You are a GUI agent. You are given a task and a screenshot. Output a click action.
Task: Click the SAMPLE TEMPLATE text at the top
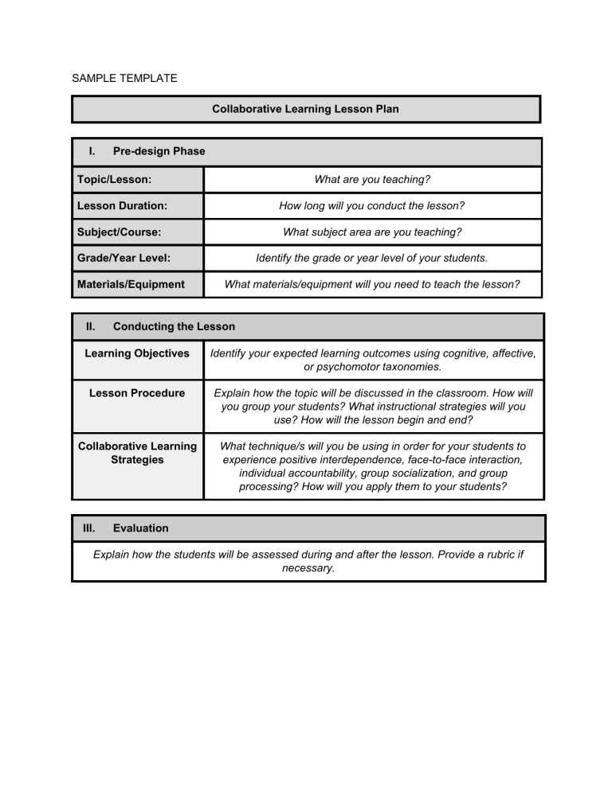click(x=124, y=78)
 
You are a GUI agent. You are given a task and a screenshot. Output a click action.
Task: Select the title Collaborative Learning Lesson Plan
click(x=305, y=109)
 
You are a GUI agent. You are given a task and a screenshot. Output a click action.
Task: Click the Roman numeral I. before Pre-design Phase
click(x=92, y=151)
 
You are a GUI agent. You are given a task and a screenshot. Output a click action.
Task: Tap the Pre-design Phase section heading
click(x=159, y=151)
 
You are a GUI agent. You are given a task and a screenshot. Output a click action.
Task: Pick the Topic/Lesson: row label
click(x=114, y=180)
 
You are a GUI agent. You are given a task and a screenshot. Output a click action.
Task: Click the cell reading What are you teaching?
click(x=372, y=180)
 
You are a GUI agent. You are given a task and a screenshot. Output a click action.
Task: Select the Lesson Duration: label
click(x=122, y=205)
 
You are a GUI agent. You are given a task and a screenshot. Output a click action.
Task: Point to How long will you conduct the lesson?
click(x=372, y=205)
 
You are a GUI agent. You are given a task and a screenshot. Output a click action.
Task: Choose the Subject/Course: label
click(x=119, y=232)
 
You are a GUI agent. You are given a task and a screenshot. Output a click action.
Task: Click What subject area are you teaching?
click(x=372, y=232)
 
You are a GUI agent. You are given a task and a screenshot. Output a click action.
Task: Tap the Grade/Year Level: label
click(x=124, y=259)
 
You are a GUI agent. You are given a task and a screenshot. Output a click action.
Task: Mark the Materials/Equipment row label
click(x=131, y=284)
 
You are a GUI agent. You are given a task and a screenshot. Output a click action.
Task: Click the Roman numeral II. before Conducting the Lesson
click(x=91, y=326)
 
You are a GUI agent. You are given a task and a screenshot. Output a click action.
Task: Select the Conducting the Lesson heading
click(x=174, y=326)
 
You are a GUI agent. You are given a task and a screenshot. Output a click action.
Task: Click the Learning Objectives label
click(x=137, y=353)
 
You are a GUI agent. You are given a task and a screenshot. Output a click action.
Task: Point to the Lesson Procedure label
click(x=137, y=392)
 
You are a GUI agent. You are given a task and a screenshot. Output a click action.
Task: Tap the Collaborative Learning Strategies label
click(x=137, y=453)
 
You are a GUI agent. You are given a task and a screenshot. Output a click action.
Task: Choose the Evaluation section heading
click(x=140, y=528)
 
